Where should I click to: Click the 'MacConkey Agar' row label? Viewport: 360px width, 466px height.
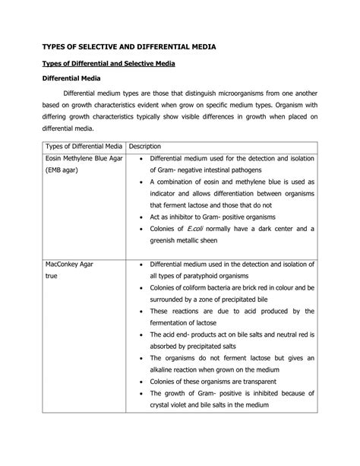coord(73,265)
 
